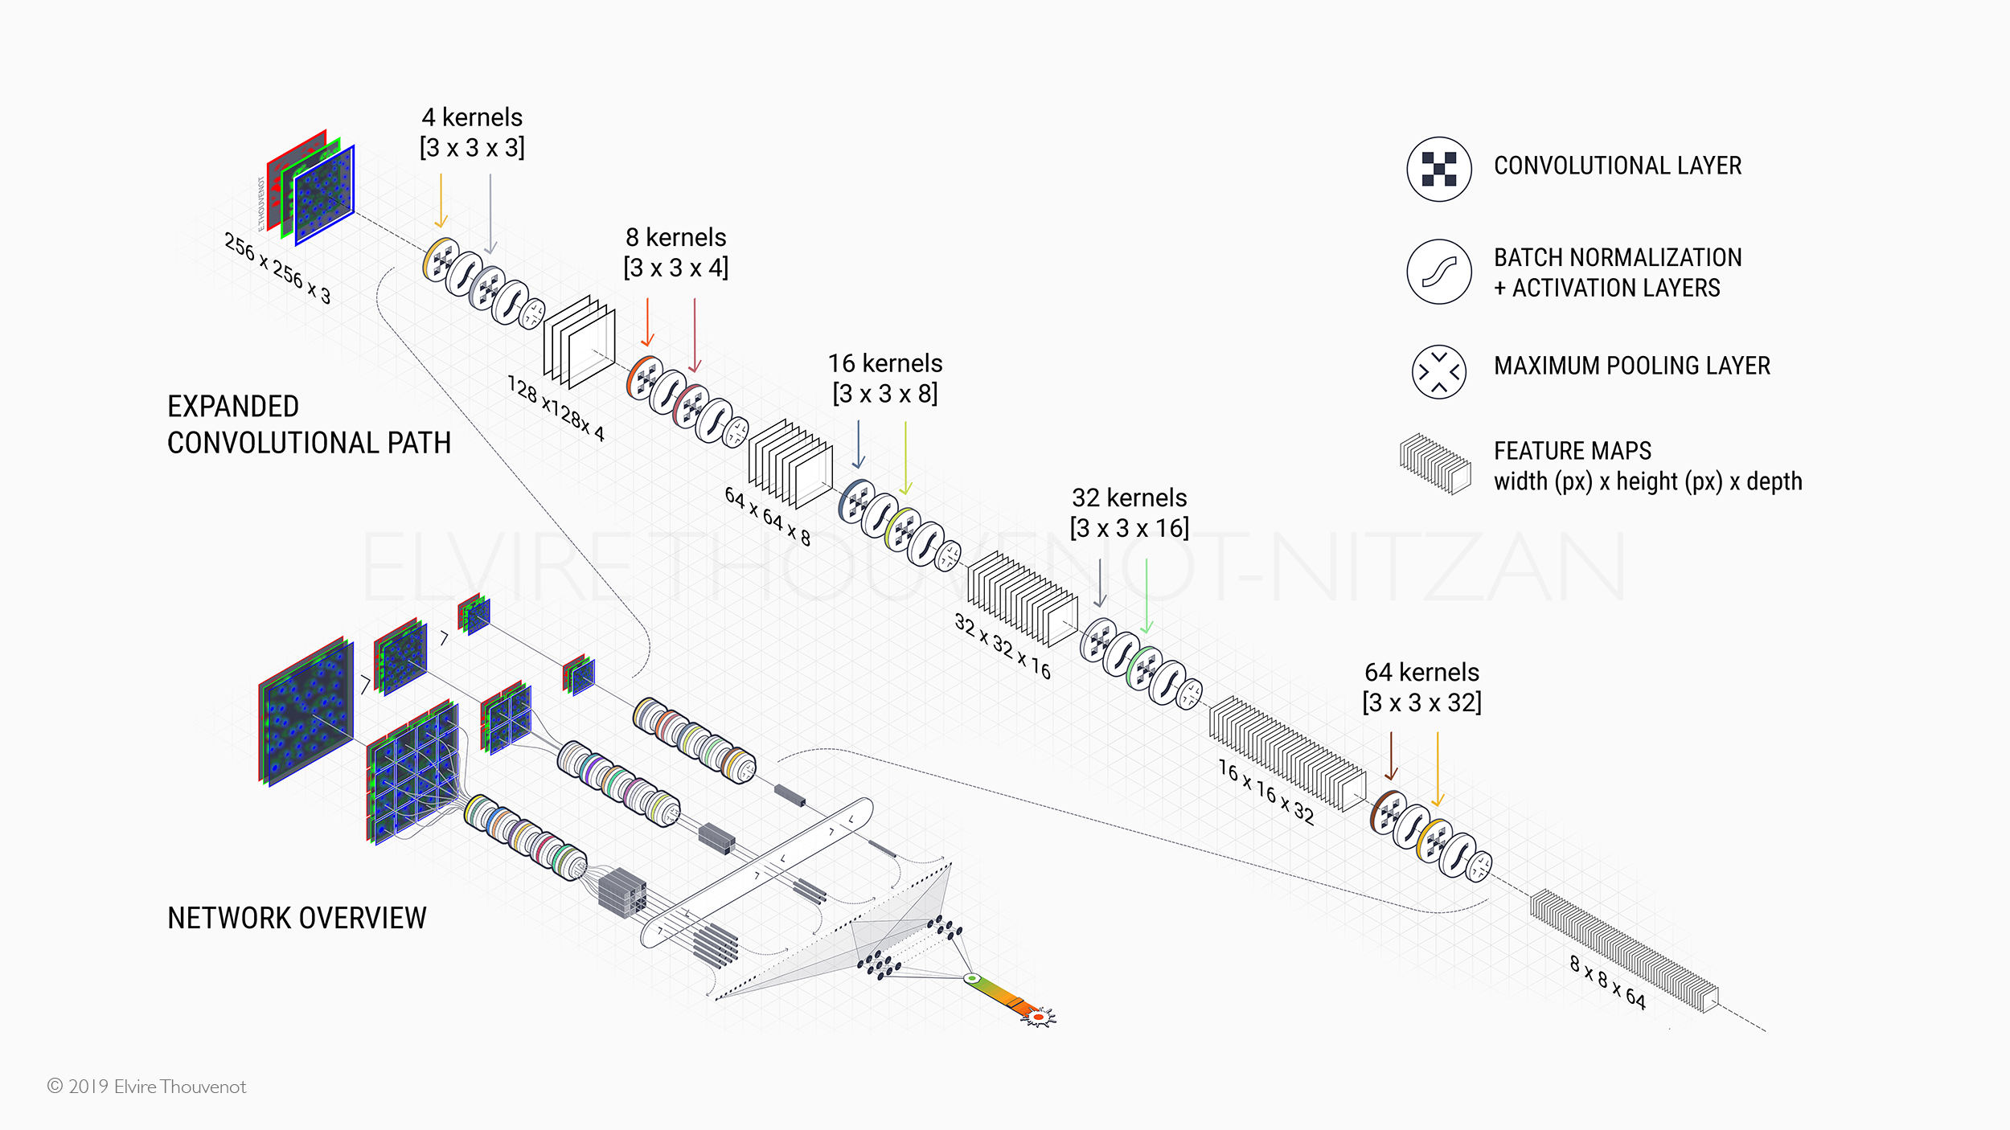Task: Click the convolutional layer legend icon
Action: point(1438,169)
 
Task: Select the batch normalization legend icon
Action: point(1438,272)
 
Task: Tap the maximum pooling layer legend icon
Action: point(1438,371)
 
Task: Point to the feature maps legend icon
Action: point(1435,465)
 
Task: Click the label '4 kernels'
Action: point(472,117)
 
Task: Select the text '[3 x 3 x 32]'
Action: point(1421,702)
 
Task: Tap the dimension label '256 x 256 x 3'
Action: point(277,268)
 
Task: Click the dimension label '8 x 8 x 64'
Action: point(1608,981)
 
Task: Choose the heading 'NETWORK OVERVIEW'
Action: point(297,918)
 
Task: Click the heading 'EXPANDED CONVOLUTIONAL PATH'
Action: point(309,424)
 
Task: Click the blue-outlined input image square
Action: point(325,195)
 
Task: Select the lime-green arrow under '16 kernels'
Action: point(905,458)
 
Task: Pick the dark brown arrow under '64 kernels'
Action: point(1391,755)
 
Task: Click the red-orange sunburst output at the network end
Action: point(1038,1017)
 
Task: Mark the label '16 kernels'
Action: point(885,363)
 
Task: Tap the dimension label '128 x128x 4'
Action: point(556,408)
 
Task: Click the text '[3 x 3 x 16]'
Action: point(1129,528)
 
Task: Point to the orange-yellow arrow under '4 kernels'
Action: point(441,201)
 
